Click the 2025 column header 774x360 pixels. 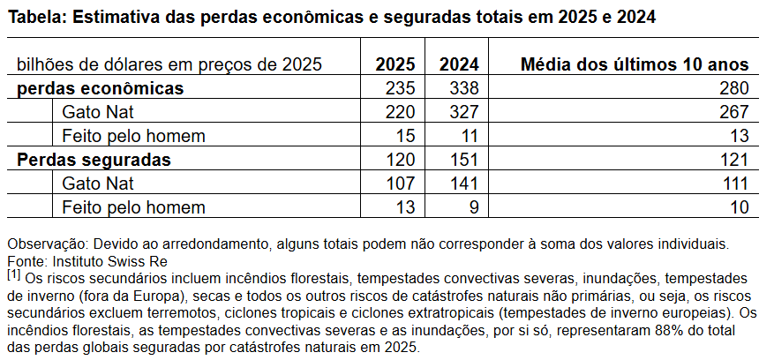click(x=396, y=64)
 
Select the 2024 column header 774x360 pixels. click(x=457, y=64)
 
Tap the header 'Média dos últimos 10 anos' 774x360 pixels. click(x=635, y=64)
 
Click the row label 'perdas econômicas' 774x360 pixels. click(x=100, y=88)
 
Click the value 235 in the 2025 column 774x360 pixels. click(x=401, y=88)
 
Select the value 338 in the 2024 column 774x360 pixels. click(x=462, y=88)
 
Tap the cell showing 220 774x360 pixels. click(x=401, y=112)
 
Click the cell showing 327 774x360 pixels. click(x=462, y=112)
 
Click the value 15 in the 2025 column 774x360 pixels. click(x=406, y=136)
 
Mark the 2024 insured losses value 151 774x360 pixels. click(x=462, y=160)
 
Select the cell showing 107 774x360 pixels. click(x=401, y=184)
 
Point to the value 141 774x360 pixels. click(x=462, y=184)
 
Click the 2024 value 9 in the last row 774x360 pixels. click(x=473, y=207)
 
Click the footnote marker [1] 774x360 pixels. click(x=13, y=275)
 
